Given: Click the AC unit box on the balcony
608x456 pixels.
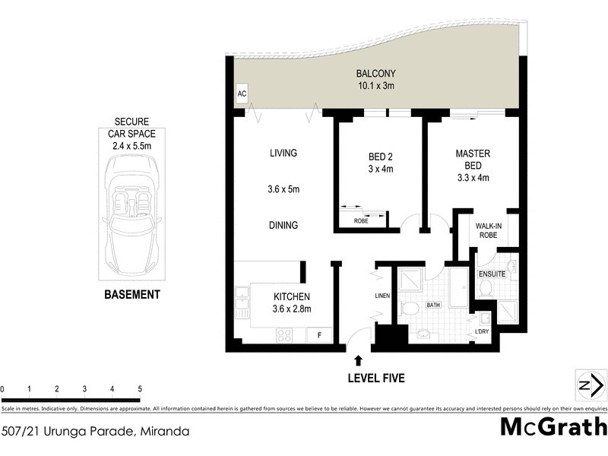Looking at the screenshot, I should [x=242, y=94].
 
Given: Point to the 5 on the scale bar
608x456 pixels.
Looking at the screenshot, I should [x=140, y=388].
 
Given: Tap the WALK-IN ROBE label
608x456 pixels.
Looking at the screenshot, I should [x=486, y=230].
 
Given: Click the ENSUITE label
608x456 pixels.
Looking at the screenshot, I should [x=492, y=273].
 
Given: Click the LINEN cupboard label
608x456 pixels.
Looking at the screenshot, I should [x=382, y=296].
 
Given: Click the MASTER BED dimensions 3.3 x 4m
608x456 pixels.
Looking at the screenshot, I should [x=472, y=179].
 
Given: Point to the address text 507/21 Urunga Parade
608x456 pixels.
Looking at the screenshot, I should [x=95, y=431].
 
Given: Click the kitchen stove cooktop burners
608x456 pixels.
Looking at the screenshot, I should [x=284, y=334].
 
